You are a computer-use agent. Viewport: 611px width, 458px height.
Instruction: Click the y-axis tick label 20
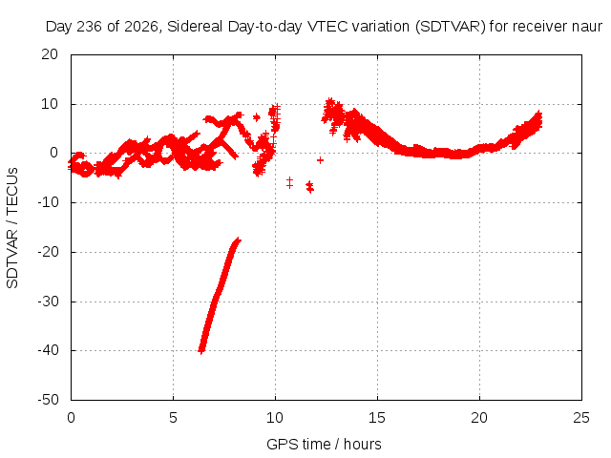coord(50,54)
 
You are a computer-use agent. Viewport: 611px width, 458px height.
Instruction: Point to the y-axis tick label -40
coord(48,350)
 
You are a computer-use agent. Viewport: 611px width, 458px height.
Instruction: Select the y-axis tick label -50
coord(48,399)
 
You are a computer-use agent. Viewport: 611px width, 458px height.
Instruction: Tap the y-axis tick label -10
coord(48,202)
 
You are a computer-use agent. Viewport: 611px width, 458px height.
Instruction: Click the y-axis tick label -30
coord(48,302)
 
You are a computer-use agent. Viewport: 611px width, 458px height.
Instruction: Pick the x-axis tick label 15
coord(377,418)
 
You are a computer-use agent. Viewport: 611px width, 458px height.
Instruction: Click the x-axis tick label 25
coord(581,418)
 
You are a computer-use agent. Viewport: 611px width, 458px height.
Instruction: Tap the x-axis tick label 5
coord(173,418)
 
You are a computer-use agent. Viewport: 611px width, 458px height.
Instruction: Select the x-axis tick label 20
coord(479,418)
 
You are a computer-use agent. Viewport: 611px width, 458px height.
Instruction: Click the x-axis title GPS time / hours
coord(324,444)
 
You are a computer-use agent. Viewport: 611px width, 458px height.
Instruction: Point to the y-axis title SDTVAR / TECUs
coord(12,228)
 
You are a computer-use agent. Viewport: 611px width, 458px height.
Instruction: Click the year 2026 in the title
coord(141,27)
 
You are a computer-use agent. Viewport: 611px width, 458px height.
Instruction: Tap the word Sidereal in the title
coord(195,27)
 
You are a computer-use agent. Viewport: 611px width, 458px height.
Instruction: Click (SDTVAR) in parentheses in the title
coord(450,27)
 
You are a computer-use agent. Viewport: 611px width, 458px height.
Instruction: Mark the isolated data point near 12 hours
coord(320,160)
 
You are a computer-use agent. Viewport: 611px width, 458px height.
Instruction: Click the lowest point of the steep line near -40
coord(201,351)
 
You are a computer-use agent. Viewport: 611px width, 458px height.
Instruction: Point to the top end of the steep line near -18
coord(239,239)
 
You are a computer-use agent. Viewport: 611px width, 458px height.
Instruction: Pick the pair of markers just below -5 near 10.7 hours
coord(289,182)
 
